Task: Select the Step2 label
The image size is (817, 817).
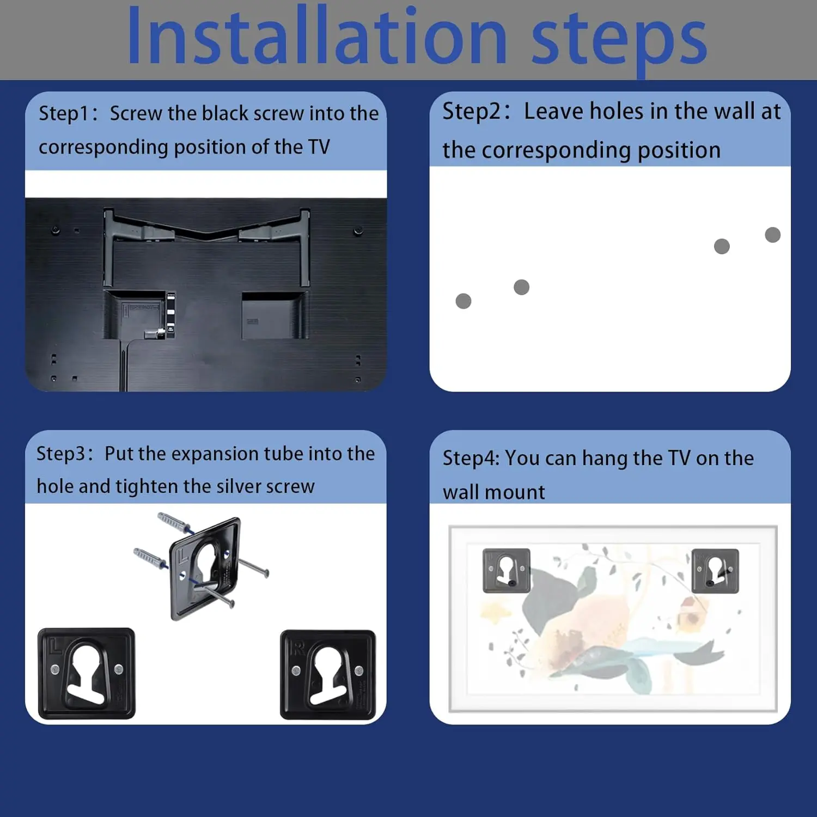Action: pyautogui.click(x=472, y=112)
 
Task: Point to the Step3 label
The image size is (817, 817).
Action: pyautogui.click(x=60, y=454)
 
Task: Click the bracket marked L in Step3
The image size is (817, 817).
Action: pyautogui.click(x=86, y=673)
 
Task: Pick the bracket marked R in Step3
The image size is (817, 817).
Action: pyautogui.click(x=328, y=675)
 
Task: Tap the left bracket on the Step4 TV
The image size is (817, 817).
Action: pyautogui.click(x=507, y=570)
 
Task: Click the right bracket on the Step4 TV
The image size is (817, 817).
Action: pyautogui.click(x=715, y=570)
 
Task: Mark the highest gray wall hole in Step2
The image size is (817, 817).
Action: pyautogui.click(x=773, y=235)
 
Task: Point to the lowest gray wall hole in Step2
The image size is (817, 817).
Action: pyautogui.click(x=464, y=301)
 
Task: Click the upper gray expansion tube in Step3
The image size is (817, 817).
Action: pyautogui.click(x=174, y=522)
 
